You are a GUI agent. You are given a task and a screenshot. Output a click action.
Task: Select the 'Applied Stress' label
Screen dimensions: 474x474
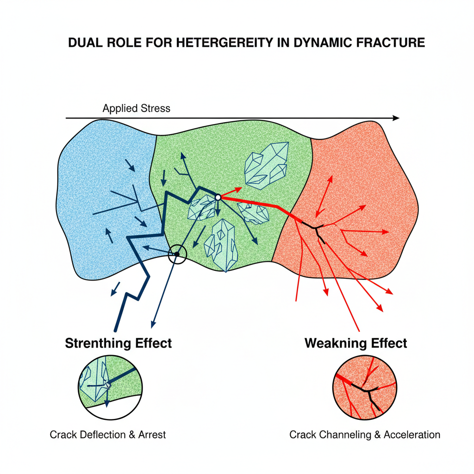pos(137,109)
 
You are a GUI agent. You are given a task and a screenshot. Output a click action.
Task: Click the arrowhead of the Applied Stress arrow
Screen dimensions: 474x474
pos(396,118)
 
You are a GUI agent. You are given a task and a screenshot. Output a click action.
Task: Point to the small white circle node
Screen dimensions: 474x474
pos(218,198)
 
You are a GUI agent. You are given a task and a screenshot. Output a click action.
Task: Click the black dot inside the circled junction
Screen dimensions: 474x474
pos(176,254)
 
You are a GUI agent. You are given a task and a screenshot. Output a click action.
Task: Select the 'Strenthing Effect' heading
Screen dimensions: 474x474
pos(118,343)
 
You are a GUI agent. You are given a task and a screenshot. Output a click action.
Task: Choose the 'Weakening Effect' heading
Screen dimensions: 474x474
pos(355,343)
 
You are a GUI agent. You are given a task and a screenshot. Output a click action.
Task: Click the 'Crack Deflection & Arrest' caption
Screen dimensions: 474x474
pos(107,435)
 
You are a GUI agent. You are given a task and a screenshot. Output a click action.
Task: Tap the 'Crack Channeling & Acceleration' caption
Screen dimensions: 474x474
pos(365,435)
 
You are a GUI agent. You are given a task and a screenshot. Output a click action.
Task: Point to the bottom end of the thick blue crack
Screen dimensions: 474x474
pos(116,330)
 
